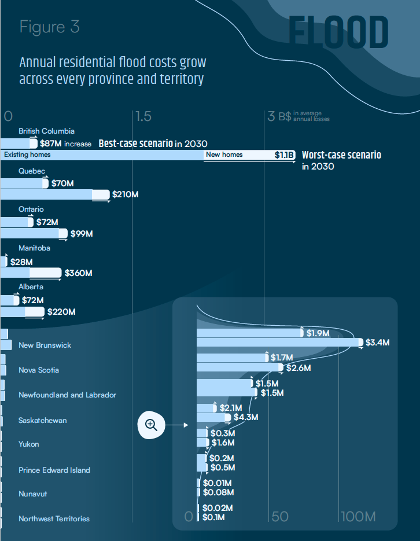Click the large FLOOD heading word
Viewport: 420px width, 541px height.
338,33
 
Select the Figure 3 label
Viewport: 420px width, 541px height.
49,27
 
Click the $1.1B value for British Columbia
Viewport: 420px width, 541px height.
285,155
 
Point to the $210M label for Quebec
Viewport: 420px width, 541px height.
126,195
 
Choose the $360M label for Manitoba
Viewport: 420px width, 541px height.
79,273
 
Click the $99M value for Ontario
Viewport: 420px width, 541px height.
82,234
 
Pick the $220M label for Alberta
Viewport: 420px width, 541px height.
61,312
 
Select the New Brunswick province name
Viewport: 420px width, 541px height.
45,345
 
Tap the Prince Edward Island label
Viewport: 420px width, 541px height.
54,470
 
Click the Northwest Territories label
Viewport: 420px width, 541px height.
54,518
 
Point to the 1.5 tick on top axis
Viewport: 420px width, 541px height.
143,116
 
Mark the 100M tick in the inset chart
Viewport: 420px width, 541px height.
358,516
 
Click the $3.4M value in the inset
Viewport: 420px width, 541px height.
378,343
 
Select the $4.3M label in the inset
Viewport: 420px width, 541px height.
246,417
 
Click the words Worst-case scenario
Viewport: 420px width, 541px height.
341,155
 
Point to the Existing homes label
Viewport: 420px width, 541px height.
27,154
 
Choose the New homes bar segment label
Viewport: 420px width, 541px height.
224,154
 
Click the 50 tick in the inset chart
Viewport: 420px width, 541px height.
280,516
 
